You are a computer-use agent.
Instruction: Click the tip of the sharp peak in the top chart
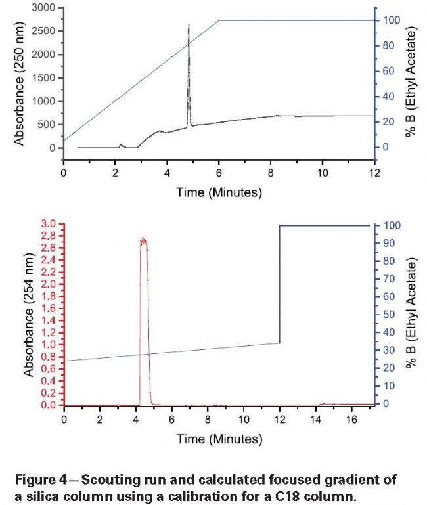point(189,25)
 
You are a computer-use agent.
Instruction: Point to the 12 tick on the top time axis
point(374,173)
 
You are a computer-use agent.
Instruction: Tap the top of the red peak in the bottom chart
point(143,240)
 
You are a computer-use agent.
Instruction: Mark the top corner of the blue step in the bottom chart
point(281,226)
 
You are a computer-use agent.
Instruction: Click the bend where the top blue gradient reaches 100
point(219,20)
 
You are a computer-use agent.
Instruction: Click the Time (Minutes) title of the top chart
point(219,192)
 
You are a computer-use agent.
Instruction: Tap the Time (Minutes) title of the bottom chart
point(219,437)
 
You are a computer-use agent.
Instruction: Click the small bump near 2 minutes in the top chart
point(121,145)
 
